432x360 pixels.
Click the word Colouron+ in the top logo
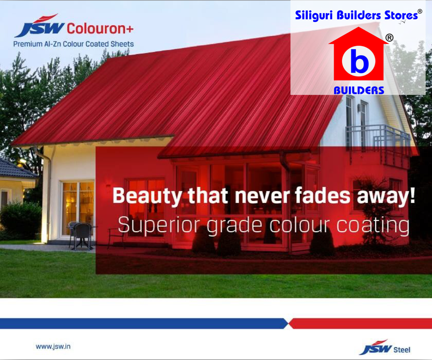[100, 28]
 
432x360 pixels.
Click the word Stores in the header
[401, 15]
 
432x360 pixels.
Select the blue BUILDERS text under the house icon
[359, 91]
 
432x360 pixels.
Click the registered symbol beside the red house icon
[389, 38]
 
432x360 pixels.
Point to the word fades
[322, 195]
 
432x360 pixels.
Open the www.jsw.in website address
[53, 347]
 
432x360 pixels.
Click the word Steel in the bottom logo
[402, 350]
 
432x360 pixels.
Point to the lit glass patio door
[78, 209]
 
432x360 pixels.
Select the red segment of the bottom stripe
[360, 324]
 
